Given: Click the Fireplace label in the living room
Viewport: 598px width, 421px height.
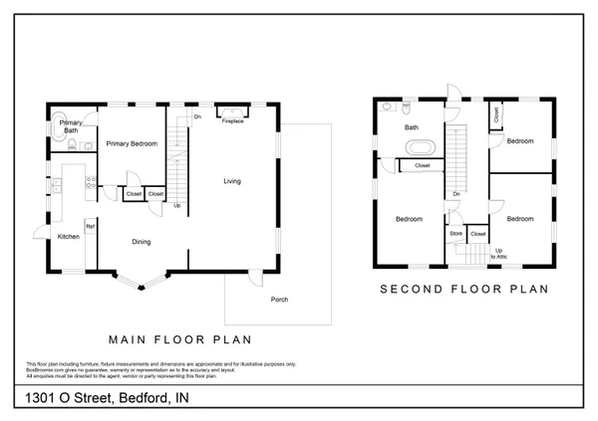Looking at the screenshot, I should point(232,120).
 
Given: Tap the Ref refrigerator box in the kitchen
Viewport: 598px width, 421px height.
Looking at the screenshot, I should point(90,227).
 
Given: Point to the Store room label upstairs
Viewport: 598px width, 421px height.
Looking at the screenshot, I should point(456,234).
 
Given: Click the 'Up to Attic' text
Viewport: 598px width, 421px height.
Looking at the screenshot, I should point(498,253).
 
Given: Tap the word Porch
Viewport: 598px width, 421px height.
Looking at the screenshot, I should point(280,300).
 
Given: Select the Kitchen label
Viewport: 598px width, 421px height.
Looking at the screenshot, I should point(69,237).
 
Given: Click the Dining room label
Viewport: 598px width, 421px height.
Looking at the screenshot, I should point(143,241).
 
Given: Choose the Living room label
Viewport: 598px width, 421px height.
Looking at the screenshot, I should point(232,181).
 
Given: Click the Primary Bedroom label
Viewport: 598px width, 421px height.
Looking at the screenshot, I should point(133,144).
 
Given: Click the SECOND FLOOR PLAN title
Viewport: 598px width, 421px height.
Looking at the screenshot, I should point(464,291).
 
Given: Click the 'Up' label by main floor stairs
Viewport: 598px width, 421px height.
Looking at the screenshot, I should point(177,206).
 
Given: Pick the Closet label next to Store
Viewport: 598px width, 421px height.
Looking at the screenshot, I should point(477,234).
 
